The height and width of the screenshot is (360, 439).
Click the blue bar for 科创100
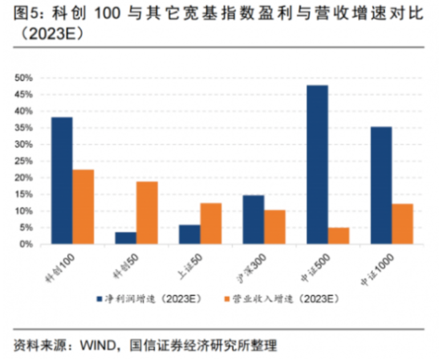pyautogui.click(x=62, y=181)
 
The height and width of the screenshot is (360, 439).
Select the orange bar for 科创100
pyautogui.click(x=83, y=207)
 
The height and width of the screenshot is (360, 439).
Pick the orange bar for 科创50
pyautogui.click(x=147, y=213)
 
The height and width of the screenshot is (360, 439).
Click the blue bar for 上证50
pyautogui.click(x=190, y=235)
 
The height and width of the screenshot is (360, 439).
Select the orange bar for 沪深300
pyautogui.click(x=275, y=227)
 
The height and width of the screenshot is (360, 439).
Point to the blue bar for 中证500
pyautogui.click(x=318, y=165)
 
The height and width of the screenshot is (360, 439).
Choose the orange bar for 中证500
pyautogui.click(x=339, y=236)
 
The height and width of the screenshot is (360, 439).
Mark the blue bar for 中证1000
pyautogui.click(x=381, y=185)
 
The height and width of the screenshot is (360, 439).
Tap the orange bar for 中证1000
pyautogui.click(x=403, y=224)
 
